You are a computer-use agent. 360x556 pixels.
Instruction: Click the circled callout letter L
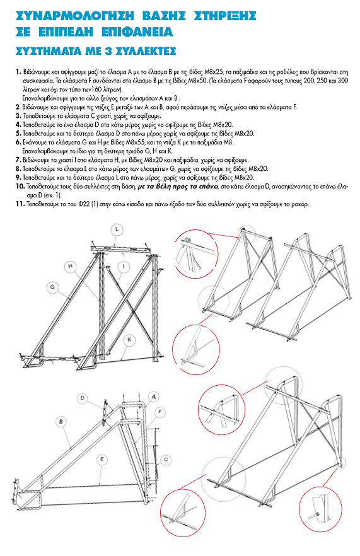point(117,229)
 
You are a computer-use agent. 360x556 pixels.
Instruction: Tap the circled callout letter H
point(71,266)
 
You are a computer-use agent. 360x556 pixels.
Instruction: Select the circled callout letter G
point(53,287)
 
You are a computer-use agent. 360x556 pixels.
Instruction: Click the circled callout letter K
point(129,340)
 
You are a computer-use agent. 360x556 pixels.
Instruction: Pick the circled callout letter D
point(83,398)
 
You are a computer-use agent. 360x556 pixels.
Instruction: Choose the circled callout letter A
point(154,397)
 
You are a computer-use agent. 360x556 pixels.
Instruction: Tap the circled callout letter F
point(160,412)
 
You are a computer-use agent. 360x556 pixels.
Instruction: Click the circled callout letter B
point(61,422)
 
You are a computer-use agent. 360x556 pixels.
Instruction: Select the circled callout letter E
point(102,460)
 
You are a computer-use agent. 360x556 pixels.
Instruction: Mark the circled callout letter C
point(166,460)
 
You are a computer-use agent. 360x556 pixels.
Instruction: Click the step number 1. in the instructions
point(19,72)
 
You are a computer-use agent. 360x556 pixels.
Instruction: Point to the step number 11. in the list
point(20,204)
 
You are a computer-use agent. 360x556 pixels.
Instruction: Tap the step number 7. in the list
point(18,160)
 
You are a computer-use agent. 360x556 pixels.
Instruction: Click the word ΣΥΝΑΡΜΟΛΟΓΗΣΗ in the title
point(75,16)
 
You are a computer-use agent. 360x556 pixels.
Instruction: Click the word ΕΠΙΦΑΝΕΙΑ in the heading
point(137,32)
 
